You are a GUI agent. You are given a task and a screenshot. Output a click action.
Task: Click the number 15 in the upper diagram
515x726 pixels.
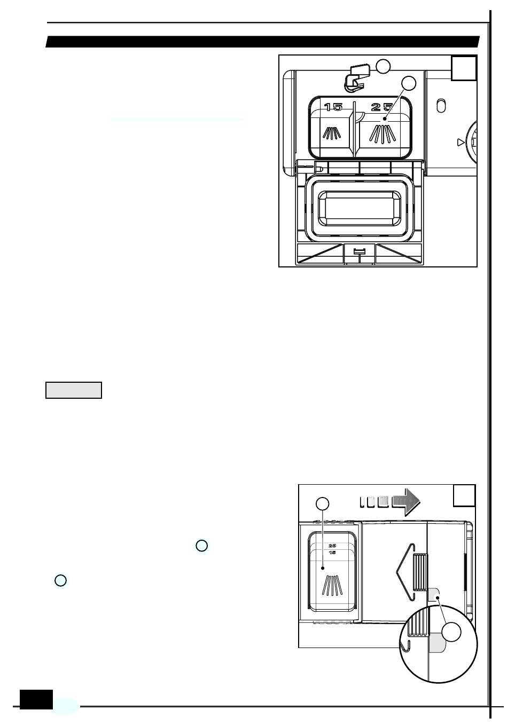(333, 107)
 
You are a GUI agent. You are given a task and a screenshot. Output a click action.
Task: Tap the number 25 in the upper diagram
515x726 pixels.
(382, 107)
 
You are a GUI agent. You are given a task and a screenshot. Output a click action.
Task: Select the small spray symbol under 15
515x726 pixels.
(332, 132)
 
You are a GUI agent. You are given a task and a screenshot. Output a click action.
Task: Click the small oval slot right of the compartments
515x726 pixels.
(441, 106)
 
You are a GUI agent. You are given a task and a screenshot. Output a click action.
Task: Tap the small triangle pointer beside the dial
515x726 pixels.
(461, 143)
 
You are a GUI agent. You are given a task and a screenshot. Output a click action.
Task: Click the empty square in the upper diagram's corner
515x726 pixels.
(464, 68)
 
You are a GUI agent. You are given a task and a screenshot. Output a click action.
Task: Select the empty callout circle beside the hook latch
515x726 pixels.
(383, 67)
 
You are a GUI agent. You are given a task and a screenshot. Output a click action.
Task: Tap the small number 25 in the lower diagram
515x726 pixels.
(332, 546)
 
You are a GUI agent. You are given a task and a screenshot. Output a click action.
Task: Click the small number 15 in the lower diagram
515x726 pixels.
(332, 552)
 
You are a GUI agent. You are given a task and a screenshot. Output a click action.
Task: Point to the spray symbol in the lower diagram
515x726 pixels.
(332, 585)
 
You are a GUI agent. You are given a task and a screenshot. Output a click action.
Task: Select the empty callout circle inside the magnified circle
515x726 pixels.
(452, 632)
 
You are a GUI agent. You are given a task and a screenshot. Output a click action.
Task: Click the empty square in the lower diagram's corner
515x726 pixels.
(464, 495)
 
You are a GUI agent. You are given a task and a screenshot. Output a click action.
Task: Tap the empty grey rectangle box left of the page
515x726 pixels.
(74, 390)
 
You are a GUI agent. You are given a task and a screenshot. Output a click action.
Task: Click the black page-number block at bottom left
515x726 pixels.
(36, 699)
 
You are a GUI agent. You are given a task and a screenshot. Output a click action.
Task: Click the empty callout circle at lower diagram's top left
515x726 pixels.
(322, 503)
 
